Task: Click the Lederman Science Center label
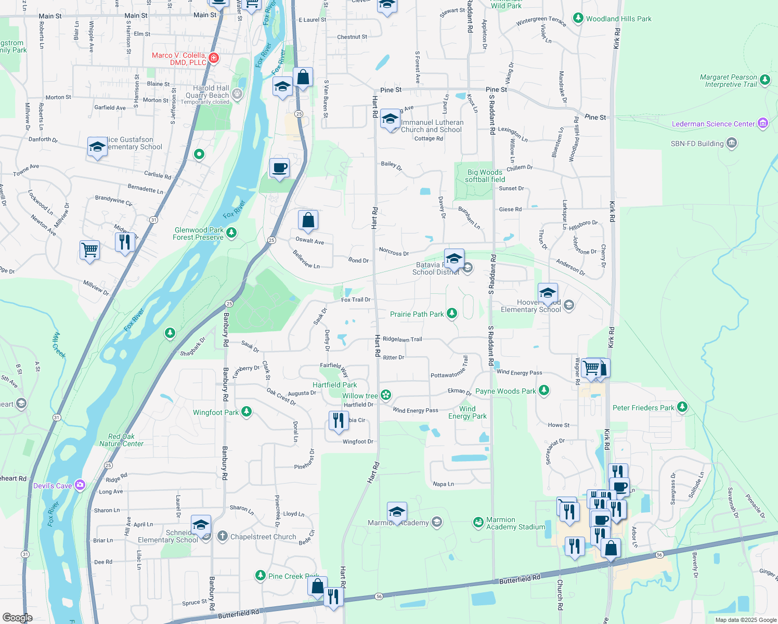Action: coord(713,124)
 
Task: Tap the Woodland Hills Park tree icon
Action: coord(578,18)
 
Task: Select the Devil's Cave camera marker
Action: coord(80,485)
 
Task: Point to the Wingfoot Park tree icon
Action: coord(247,412)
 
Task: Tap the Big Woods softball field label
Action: coord(485,176)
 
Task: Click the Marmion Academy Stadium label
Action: coord(515,523)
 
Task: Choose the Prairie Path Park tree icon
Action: coord(452,313)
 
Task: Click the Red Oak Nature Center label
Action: coord(121,440)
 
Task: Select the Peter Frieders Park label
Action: coord(643,408)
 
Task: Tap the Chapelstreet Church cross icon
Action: coord(223,536)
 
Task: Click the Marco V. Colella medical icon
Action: coord(213,57)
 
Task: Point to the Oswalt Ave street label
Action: coord(309,240)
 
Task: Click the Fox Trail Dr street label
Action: coord(356,300)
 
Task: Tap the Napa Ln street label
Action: coord(443,484)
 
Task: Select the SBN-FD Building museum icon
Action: coord(731,143)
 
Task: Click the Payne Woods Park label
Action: coord(505,391)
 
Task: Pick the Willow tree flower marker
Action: coord(385,395)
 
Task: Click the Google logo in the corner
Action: coord(18,617)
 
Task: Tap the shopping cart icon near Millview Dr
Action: coord(89,250)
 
